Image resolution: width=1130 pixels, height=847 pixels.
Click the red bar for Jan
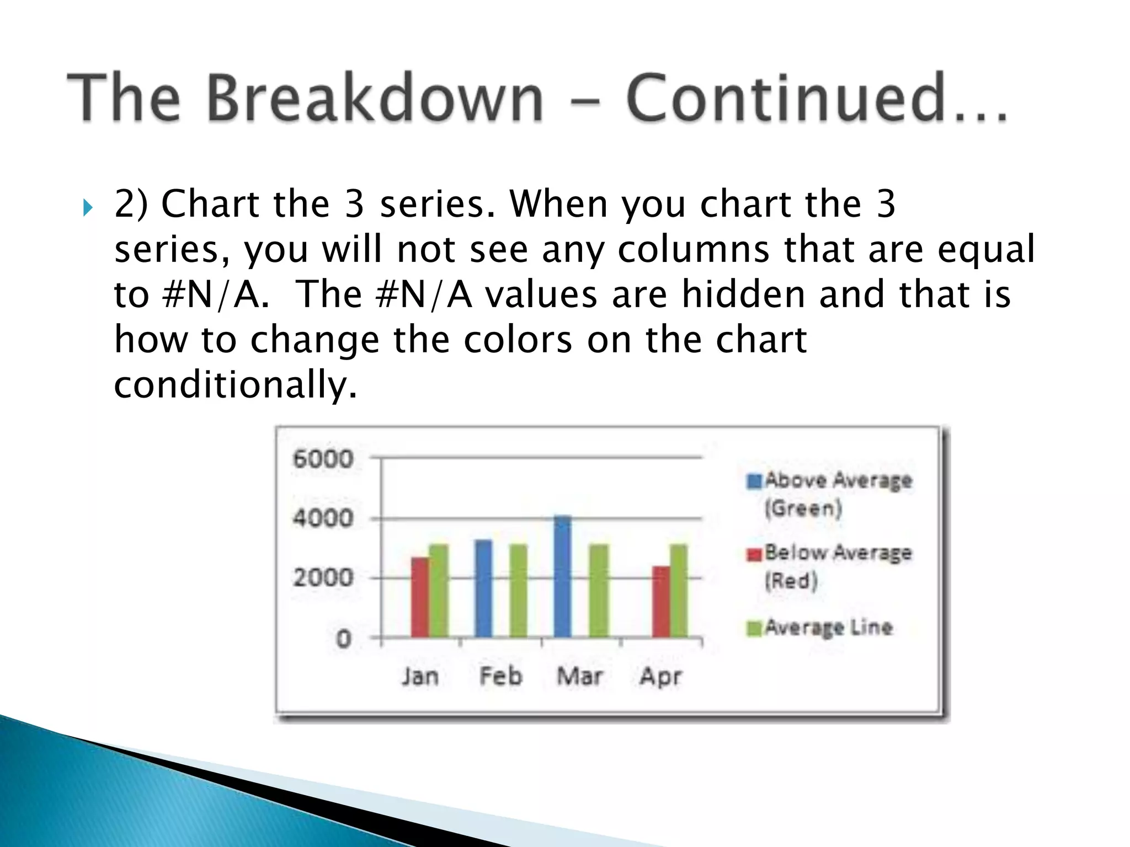[x=419, y=598]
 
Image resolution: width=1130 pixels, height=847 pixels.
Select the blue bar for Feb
[x=483, y=589]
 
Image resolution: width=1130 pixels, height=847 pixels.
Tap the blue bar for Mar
[x=563, y=577]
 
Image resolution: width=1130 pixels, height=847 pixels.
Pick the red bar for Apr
[x=660, y=602]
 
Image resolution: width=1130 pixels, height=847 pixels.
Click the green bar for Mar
[x=599, y=591]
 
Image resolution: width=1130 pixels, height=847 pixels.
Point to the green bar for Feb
[x=518, y=591]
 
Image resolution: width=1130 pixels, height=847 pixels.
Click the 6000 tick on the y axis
[x=323, y=459]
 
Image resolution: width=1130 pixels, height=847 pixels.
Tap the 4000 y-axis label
[x=323, y=518]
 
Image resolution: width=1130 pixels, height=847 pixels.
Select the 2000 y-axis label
[x=323, y=578]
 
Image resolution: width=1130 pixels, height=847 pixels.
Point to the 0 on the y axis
[x=343, y=639]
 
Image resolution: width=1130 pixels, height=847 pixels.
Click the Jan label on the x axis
[x=420, y=676]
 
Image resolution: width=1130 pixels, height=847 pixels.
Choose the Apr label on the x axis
[x=660, y=676]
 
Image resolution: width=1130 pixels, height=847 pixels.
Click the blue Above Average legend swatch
[x=754, y=481]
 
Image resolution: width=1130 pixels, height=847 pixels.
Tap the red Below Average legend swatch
[x=754, y=554]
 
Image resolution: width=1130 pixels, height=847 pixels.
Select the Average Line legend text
[x=828, y=628]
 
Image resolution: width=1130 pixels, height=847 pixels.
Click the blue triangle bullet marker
[x=88, y=208]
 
